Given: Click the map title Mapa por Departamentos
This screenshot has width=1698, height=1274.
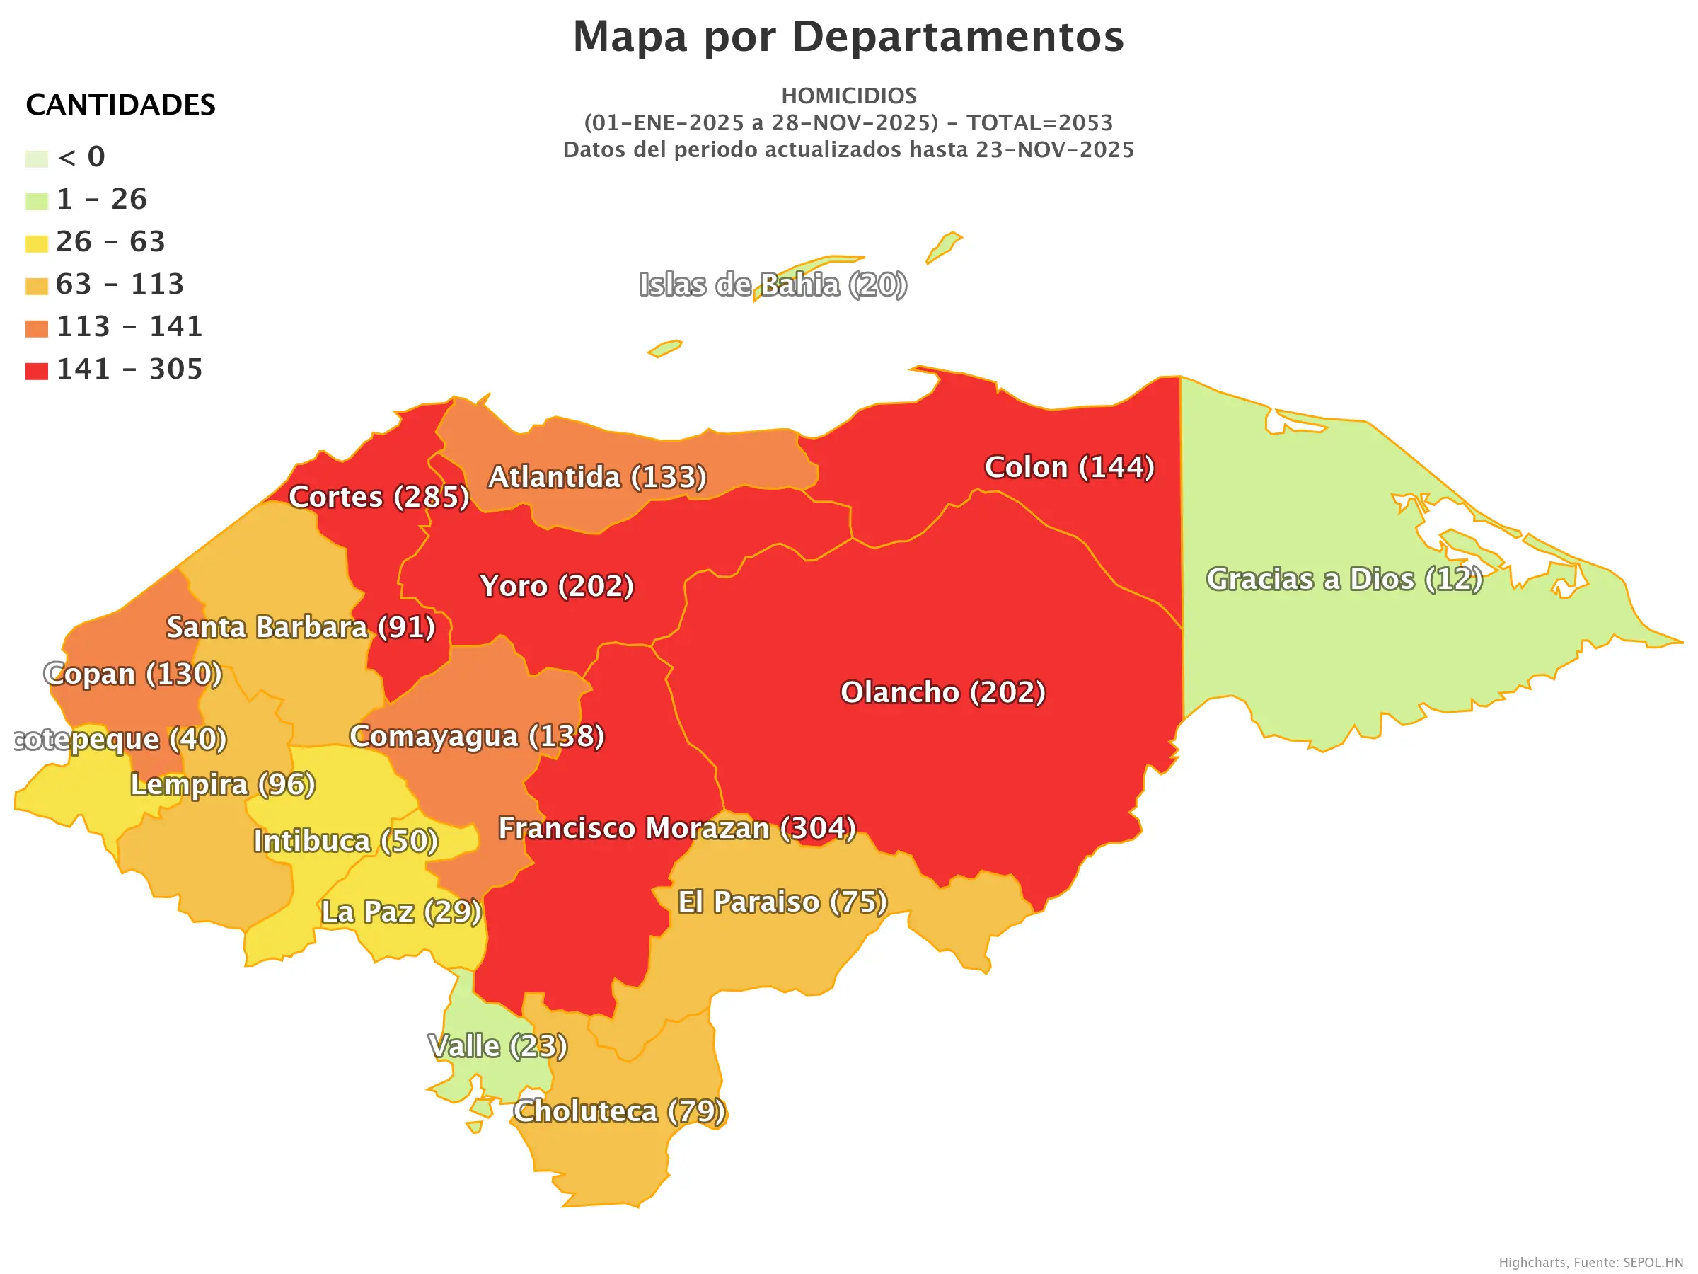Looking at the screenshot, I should (x=848, y=37).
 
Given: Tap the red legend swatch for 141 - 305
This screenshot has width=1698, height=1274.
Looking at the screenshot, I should (x=36, y=372).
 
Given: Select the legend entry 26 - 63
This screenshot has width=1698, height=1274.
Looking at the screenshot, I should (x=110, y=242).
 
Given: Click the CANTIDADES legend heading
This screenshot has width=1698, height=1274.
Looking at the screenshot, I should (x=120, y=105).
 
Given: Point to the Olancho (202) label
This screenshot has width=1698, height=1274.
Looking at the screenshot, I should (x=942, y=693).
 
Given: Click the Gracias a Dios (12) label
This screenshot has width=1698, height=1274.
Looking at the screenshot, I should (x=1344, y=580).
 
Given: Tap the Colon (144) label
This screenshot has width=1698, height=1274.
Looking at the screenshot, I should (x=1069, y=468).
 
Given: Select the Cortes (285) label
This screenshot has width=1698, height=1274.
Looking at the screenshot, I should (x=379, y=498).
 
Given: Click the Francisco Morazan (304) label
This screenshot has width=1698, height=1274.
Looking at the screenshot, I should (x=677, y=829).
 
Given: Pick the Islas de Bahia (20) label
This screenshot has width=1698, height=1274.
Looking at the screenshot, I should (x=773, y=285).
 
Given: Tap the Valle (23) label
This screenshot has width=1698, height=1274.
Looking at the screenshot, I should (x=497, y=1047).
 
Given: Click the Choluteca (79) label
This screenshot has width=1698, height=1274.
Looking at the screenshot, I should (x=619, y=1112).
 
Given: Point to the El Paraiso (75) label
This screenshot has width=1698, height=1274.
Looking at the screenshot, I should (x=782, y=902).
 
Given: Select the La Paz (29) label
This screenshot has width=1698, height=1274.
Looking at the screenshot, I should (x=400, y=912).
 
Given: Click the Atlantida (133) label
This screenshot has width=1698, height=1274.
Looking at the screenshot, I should (x=597, y=478).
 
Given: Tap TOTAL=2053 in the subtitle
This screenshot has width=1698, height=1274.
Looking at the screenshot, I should (x=1039, y=123).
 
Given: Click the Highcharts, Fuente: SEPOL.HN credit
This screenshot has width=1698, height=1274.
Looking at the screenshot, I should (x=1590, y=1263).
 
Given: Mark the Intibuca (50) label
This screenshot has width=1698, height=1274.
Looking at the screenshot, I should (x=345, y=842).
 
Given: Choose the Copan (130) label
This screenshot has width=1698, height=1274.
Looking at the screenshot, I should (x=133, y=675).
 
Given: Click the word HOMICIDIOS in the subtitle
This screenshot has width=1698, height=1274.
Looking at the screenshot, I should (x=848, y=96).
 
